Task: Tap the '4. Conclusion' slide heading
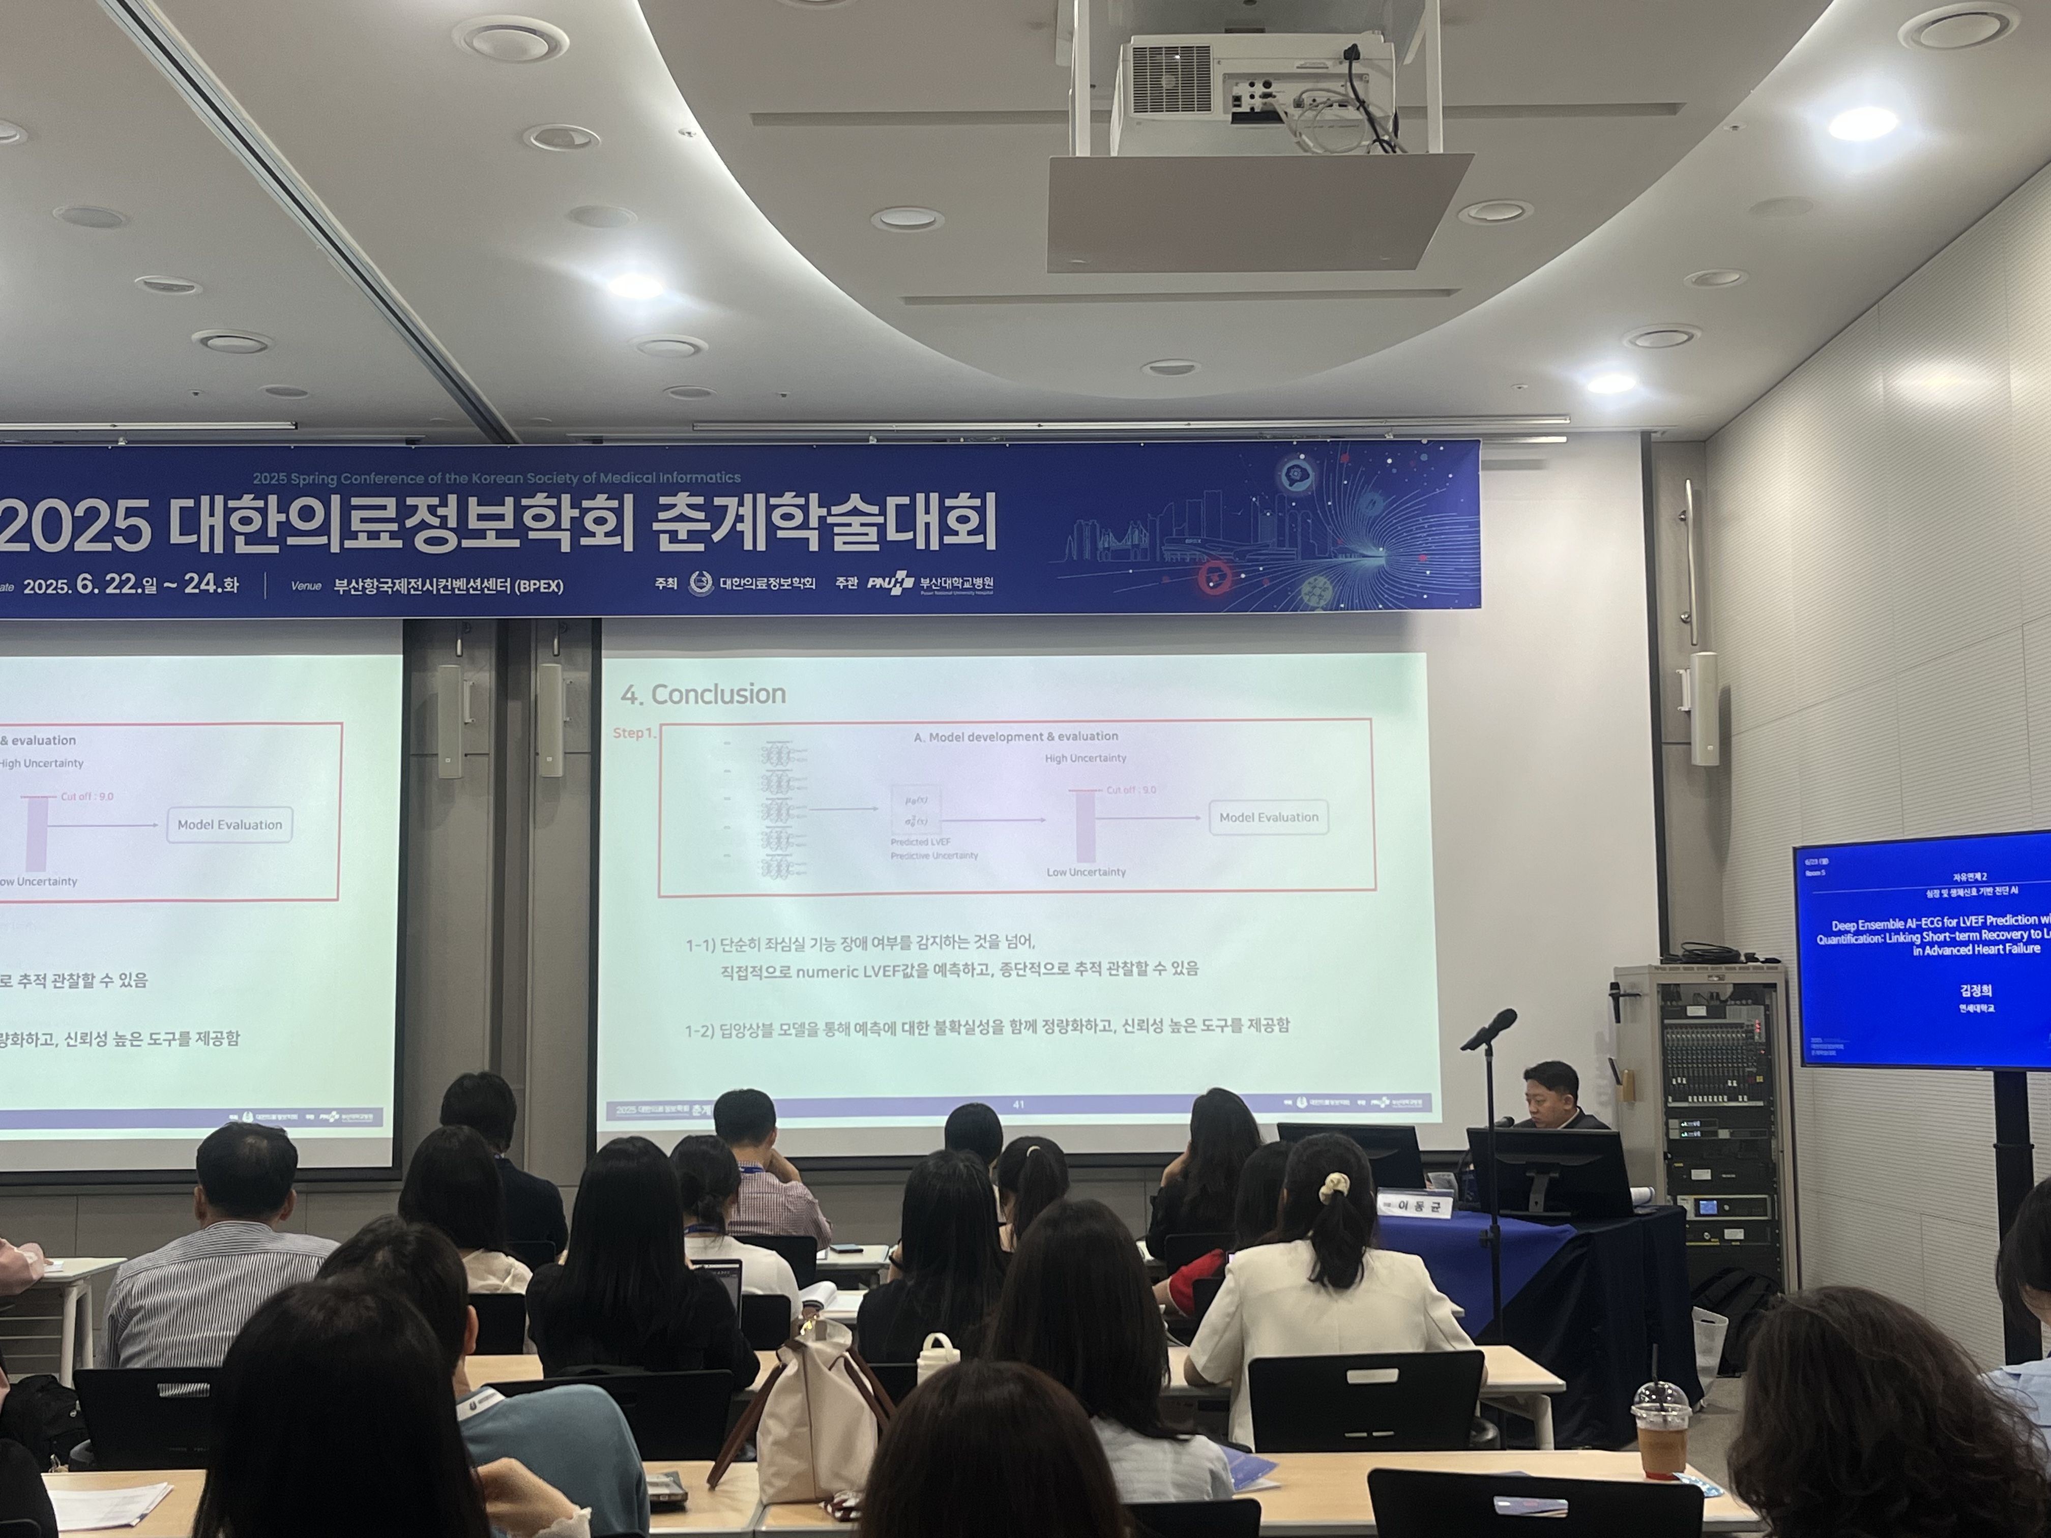pyautogui.click(x=703, y=694)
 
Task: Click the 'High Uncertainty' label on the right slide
pyautogui.click(x=1085, y=758)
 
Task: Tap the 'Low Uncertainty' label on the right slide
pyautogui.click(x=1086, y=872)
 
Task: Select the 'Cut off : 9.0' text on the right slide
pyautogui.click(x=1131, y=790)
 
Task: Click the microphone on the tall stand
pyautogui.click(x=1489, y=1029)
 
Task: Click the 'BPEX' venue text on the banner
pyautogui.click(x=539, y=586)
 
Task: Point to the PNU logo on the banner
pyautogui.click(x=890, y=583)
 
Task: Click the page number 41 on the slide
pyautogui.click(x=1018, y=1104)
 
